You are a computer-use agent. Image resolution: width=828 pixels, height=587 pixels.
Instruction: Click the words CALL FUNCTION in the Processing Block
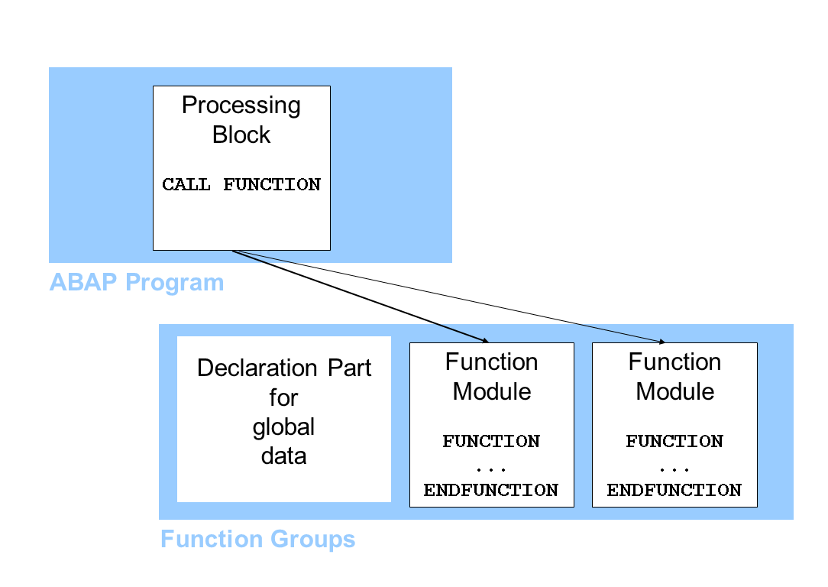tap(241, 185)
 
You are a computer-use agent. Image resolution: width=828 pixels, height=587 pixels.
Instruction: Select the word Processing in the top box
tap(241, 105)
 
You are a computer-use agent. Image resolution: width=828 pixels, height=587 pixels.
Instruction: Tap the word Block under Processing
tap(241, 135)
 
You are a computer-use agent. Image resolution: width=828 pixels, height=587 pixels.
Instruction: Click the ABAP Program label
tap(137, 283)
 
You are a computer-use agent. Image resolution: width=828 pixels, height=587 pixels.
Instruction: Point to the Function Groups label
tap(257, 540)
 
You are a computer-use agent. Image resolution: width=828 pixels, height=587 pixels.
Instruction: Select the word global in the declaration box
tap(283, 426)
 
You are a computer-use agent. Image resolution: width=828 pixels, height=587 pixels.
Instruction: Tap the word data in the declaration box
tap(283, 456)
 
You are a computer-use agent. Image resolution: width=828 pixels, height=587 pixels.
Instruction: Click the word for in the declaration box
tap(283, 397)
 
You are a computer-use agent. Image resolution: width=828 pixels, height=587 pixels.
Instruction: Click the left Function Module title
tap(492, 377)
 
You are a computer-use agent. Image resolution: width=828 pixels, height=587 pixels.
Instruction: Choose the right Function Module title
tap(675, 377)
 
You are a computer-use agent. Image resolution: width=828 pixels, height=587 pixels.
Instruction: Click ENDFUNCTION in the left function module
tap(491, 491)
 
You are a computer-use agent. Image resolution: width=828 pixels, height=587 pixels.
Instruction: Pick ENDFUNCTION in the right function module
tap(674, 491)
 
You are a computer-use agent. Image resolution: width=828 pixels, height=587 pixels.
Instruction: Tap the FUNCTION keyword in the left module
tap(491, 442)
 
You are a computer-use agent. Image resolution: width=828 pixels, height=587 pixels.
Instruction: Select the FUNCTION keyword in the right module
tap(674, 442)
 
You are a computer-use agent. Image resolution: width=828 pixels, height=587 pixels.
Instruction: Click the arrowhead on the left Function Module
tap(484, 339)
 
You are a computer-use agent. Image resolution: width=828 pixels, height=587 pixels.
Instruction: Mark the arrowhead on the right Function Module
tap(661, 341)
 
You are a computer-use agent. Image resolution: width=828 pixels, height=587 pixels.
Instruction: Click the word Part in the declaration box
tap(350, 368)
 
